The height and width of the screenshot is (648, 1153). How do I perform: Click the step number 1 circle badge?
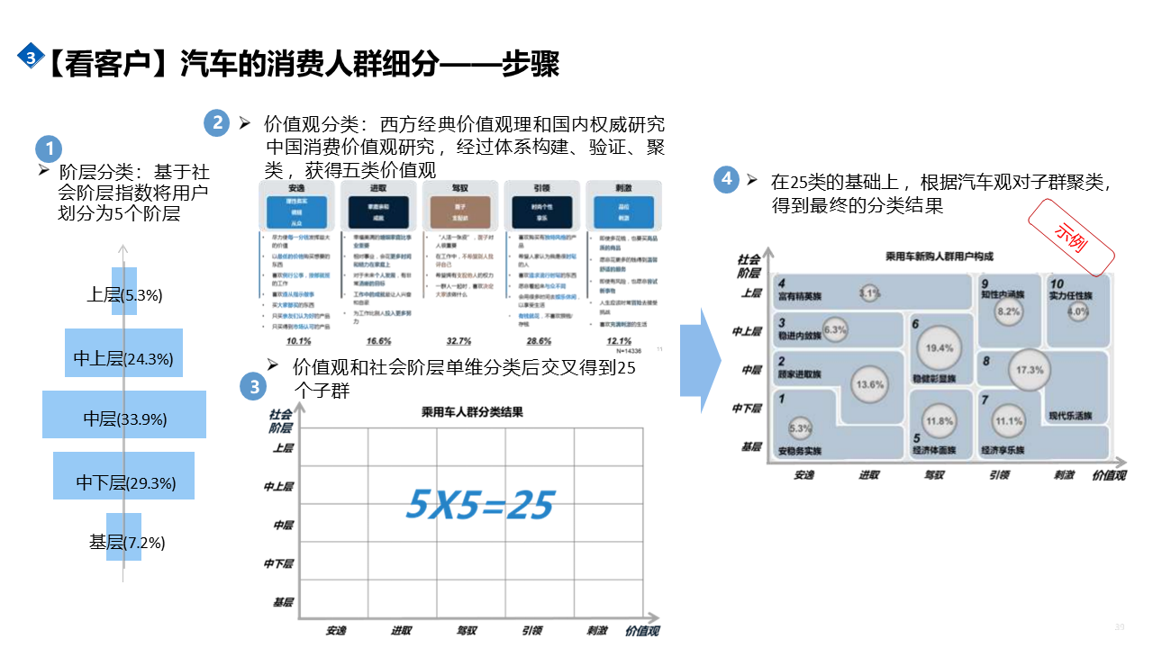coord(49,149)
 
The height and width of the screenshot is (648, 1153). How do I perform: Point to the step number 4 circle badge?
coord(727,178)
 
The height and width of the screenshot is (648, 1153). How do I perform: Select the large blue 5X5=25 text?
coord(479,505)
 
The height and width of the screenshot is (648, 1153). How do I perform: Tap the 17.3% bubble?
coord(1030,370)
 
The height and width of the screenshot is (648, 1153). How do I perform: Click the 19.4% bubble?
coord(940,348)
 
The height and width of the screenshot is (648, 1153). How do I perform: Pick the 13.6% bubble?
coord(869,384)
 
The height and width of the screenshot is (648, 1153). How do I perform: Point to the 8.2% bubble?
coord(1008,311)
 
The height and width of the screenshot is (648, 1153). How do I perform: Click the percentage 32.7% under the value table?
coord(458,341)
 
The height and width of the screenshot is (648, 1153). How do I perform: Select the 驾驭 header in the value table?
coord(458,188)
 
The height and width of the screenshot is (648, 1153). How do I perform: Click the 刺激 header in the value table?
coord(622,188)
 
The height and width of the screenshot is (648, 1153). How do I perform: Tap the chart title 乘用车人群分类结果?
coord(472,412)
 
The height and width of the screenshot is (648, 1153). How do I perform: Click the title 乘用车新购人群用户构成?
coord(939,256)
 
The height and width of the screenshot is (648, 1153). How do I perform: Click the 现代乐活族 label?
coord(1069,416)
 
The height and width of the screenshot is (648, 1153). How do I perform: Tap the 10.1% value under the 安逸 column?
coord(298,341)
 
